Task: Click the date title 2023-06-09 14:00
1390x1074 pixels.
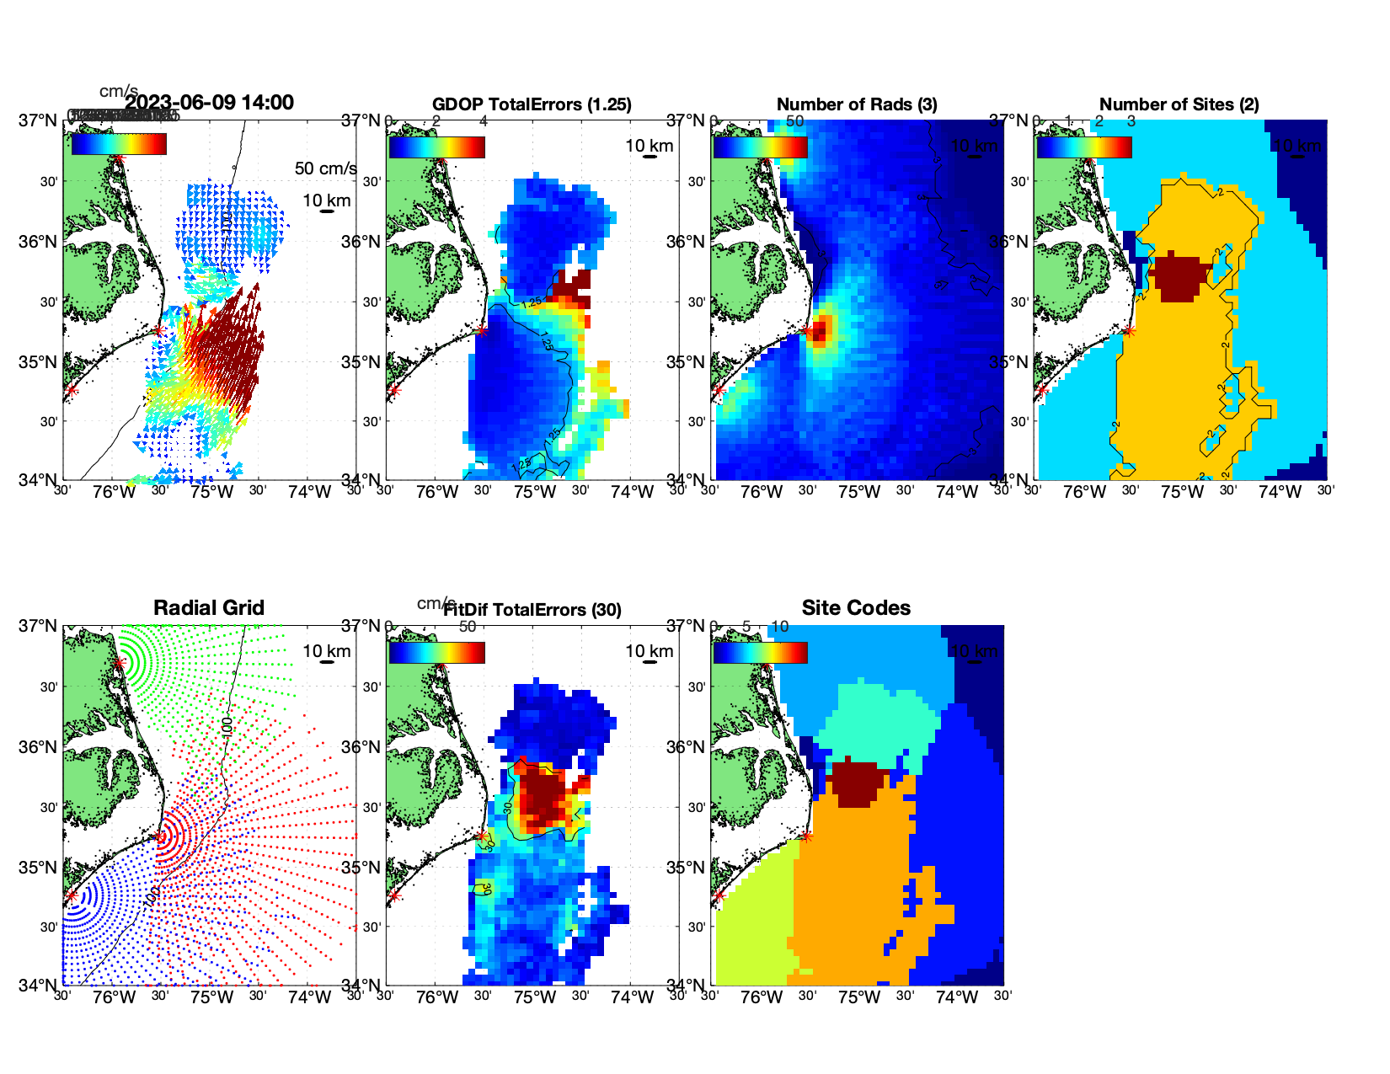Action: coord(209,103)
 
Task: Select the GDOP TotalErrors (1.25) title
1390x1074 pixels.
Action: coord(532,104)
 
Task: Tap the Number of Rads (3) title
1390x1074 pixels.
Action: coord(857,104)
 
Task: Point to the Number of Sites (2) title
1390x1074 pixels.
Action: coord(1179,104)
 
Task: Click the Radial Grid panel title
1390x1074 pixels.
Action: coord(209,608)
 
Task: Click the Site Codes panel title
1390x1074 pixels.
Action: coord(856,608)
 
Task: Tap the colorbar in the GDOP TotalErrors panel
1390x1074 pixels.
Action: coord(436,147)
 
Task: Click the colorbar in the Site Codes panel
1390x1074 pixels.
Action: coord(760,653)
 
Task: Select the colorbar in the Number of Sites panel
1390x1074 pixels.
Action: coord(1084,147)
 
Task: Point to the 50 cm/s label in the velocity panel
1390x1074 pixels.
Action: coord(325,168)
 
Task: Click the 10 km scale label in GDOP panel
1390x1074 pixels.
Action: coord(649,146)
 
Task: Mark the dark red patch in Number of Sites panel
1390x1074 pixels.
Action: coord(1179,277)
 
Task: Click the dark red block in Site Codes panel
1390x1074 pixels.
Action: coord(858,783)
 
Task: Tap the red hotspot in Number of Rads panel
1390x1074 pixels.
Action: coord(821,329)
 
